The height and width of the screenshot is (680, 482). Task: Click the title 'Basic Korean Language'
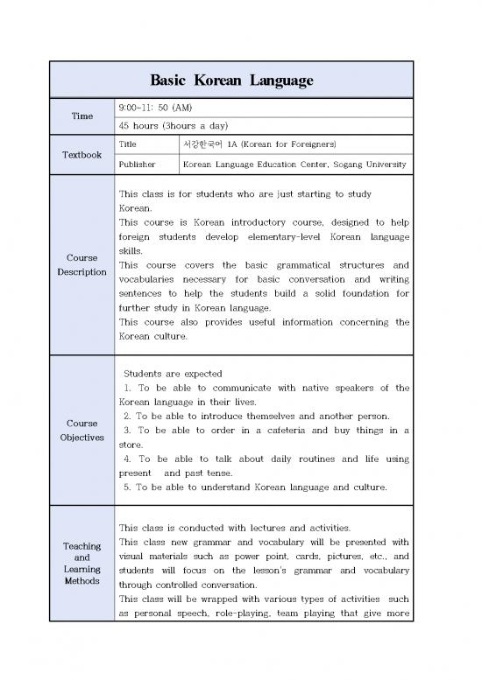click(x=231, y=80)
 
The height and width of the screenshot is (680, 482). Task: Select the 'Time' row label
click(x=81, y=116)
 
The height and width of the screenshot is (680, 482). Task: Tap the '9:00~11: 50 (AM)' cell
click(x=155, y=107)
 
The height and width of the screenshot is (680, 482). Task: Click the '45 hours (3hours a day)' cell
click(x=167, y=125)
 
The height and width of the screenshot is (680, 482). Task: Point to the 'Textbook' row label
click(x=81, y=154)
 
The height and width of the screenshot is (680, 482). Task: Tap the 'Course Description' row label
click(x=81, y=265)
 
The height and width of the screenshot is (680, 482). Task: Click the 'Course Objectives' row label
click(x=81, y=431)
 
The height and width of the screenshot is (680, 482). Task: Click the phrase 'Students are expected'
click(x=173, y=374)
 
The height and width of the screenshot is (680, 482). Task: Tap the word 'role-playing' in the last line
click(x=259, y=613)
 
